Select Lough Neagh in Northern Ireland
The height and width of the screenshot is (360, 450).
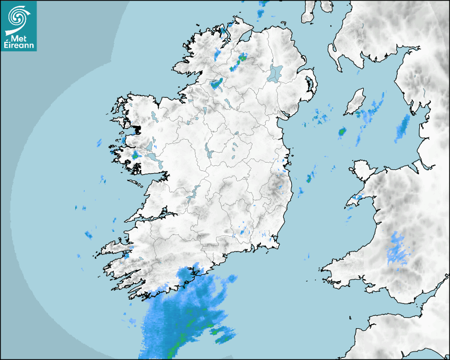[275, 73]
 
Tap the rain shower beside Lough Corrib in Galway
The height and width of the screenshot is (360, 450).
[136, 155]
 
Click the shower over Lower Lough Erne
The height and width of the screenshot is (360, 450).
[216, 83]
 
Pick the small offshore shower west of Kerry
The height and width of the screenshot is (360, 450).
[88, 235]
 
